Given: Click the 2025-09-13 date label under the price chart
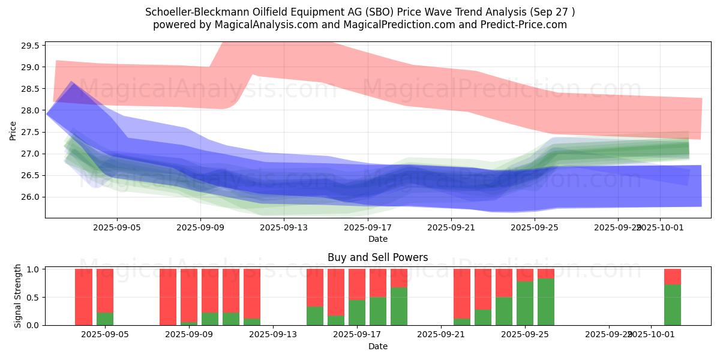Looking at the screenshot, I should [284, 227].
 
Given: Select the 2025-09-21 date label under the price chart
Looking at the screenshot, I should [451, 227].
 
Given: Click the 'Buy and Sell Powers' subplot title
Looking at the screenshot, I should [377, 257].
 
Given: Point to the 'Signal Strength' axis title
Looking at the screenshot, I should [18, 296].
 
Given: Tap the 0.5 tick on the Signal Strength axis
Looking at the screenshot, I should [34, 297].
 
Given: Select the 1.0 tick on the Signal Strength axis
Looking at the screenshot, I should [34, 269].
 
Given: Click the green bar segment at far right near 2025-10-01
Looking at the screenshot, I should [672, 305].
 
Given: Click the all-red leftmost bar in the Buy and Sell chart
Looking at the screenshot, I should [84, 297].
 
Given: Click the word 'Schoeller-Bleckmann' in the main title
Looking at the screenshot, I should [190, 12].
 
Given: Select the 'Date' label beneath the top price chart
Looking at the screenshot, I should [377, 239].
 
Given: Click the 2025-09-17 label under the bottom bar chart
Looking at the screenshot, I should [357, 335].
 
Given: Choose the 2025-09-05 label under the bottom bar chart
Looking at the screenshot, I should [105, 335].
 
